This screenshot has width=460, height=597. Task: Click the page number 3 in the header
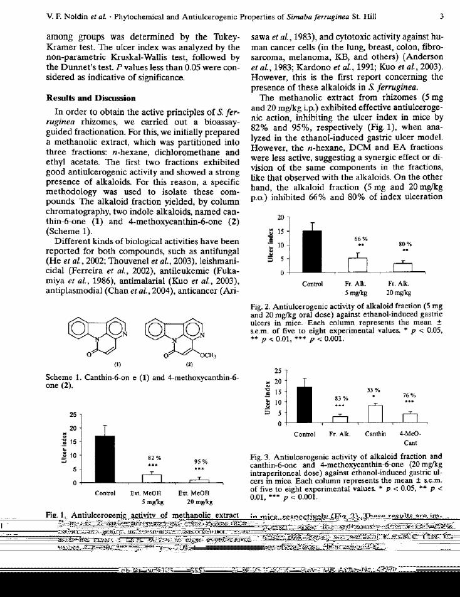[441, 16]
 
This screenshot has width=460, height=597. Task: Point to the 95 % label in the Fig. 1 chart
[199, 462]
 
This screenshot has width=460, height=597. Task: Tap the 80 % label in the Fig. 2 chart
[405, 244]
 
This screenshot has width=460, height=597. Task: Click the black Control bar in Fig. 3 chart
[304, 405]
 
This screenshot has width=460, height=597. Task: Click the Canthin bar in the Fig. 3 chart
[375, 414]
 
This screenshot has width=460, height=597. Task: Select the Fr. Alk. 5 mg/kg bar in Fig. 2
[357, 266]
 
